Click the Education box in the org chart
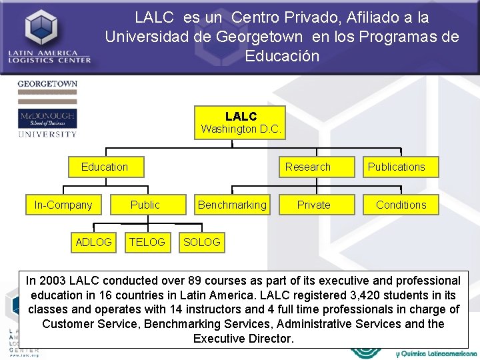coord(105,167)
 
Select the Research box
coord(307,167)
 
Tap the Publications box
coord(396,167)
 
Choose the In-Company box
coord(63,205)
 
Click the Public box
coord(145,205)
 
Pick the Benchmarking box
coord(232,205)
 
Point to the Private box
coord(313,205)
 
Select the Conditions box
coord(401,205)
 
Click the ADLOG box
coord(94,242)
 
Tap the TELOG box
coord(147,242)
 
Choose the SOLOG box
coord(201,242)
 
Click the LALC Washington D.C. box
coord(241,123)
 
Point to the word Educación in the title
coord(282,56)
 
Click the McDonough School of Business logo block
coord(47,119)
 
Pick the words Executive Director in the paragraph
coord(243,339)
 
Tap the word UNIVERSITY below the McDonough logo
coord(47,134)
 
